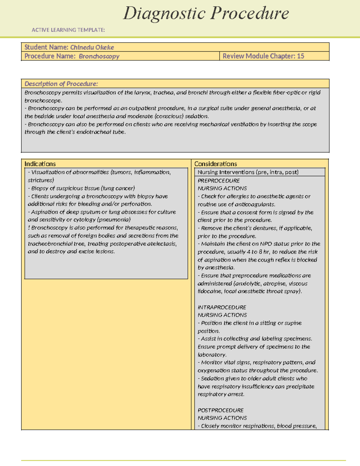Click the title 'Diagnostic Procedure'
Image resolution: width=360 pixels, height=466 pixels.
click(x=206, y=14)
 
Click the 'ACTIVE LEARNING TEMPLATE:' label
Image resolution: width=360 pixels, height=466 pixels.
click(x=68, y=30)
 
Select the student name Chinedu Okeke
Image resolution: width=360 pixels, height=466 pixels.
click(x=92, y=47)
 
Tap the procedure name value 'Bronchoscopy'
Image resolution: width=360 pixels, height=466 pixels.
click(x=99, y=56)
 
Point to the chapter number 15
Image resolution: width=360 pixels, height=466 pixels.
click(x=300, y=56)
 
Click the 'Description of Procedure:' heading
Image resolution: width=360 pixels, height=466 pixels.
click(x=61, y=84)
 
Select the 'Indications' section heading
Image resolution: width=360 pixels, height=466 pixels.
click(x=40, y=164)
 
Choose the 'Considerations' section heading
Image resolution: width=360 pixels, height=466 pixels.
click(x=215, y=164)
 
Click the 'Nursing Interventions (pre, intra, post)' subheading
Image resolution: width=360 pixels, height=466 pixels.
click(x=248, y=172)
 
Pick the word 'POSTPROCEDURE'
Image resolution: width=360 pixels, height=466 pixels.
click(x=220, y=410)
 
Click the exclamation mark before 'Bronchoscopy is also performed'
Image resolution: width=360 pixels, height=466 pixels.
click(x=29, y=228)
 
